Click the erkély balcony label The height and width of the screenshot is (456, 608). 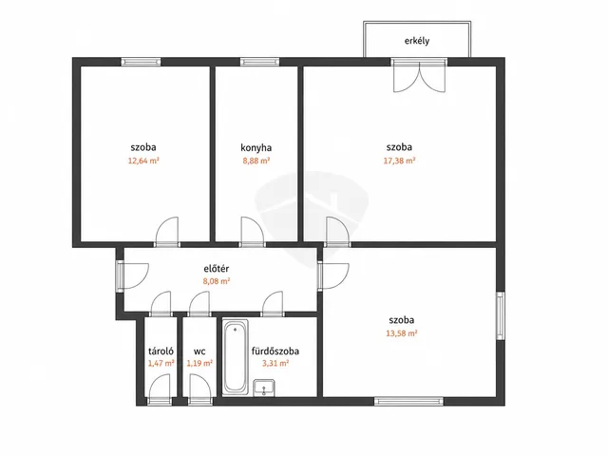(x=417, y=41)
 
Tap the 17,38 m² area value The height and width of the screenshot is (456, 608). (x=399, y=161)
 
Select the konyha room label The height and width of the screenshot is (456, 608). (x=256, y=148)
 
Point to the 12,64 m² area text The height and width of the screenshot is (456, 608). (x=143, y=161)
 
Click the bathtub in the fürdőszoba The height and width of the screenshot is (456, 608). (x=236, y=357)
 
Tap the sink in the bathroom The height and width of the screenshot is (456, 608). (x=264, y=389)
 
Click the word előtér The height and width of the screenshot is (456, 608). (x=217, y=268)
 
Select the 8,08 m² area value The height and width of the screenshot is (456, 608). (x=217, y=281)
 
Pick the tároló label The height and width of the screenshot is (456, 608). (x=161, y=351)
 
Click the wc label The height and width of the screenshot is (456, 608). (x=199, y=351)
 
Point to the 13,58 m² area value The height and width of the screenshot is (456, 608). (x=401, y=333)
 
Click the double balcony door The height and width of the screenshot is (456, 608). (x=419, y=76)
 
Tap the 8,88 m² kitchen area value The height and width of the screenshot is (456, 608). (x=256, y=161)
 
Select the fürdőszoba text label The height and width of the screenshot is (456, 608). (x=275, y=351)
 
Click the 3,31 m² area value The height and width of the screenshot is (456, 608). (x=275, y=363)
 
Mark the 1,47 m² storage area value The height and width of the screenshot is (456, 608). (x=161, y=363)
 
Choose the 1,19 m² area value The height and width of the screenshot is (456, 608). (x=199, y=363)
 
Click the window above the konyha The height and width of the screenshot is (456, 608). (x=259, y=62)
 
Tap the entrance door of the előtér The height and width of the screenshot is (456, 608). (x=133, y=275)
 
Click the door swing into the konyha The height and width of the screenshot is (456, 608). (x=253, y=232)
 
